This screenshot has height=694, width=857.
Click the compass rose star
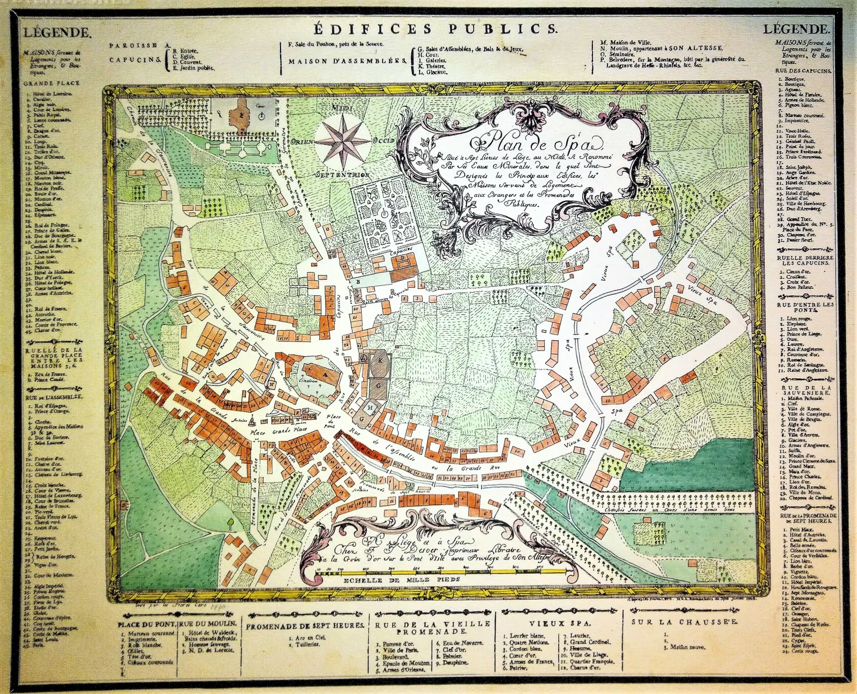343,141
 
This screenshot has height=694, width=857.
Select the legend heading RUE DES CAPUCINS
803,71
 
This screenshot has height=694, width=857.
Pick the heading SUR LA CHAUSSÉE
685,622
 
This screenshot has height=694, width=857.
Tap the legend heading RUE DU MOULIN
208,624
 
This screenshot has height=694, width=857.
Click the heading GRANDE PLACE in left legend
51,83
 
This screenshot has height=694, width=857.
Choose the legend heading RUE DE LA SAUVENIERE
807,390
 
